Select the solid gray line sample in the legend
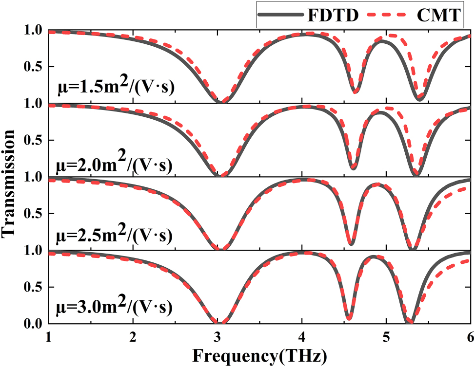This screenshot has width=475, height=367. [x=280, y=16]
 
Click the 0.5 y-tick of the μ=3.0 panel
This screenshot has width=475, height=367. [x=33, y=287]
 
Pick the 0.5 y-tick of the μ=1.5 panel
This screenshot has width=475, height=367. [x=33, y=67]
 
